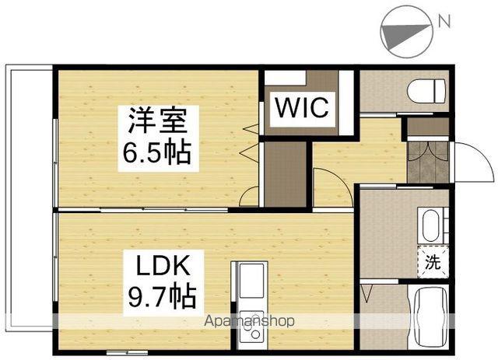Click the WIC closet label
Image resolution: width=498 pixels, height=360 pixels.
point(302,108)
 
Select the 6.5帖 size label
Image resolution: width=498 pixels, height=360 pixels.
point(157,152)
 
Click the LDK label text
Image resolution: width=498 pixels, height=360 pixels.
point(163,265)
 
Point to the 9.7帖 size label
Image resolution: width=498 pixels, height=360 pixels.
point(162,297)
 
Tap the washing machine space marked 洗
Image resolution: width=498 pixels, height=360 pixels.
point(433,262)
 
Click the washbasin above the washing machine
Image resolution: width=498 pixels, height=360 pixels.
point(433,226)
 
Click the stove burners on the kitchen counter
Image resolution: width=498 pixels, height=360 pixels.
point(251,327)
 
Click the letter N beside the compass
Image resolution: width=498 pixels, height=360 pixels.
point(444,21)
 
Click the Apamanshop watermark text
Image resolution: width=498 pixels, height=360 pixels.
point(249,321)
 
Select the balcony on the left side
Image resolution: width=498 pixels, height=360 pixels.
point(30,198)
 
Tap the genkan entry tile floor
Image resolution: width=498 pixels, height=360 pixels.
point(428,162)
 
